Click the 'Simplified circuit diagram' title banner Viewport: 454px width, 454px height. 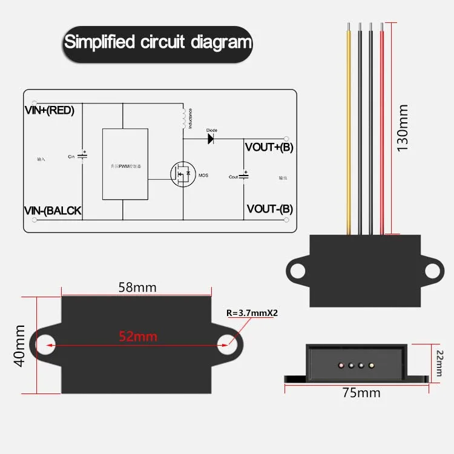click(157, 42)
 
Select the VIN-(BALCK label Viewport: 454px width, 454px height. click(53, 211)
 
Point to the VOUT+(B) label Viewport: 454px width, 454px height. click(269, 147)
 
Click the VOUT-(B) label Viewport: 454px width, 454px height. click(269, 209)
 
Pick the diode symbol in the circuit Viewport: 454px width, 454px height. click(211, 138)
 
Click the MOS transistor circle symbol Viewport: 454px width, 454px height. click(183, 174)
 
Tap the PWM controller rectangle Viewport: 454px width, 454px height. click(125, 164)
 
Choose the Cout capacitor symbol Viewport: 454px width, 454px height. click(243, 176)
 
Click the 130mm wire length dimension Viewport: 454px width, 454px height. click(403, 127)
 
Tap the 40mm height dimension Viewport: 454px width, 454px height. click(19, 346)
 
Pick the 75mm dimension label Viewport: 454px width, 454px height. click(361, 393)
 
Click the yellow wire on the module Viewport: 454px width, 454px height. click(349, 127)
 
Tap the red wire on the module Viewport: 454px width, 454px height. click(381, 127)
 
